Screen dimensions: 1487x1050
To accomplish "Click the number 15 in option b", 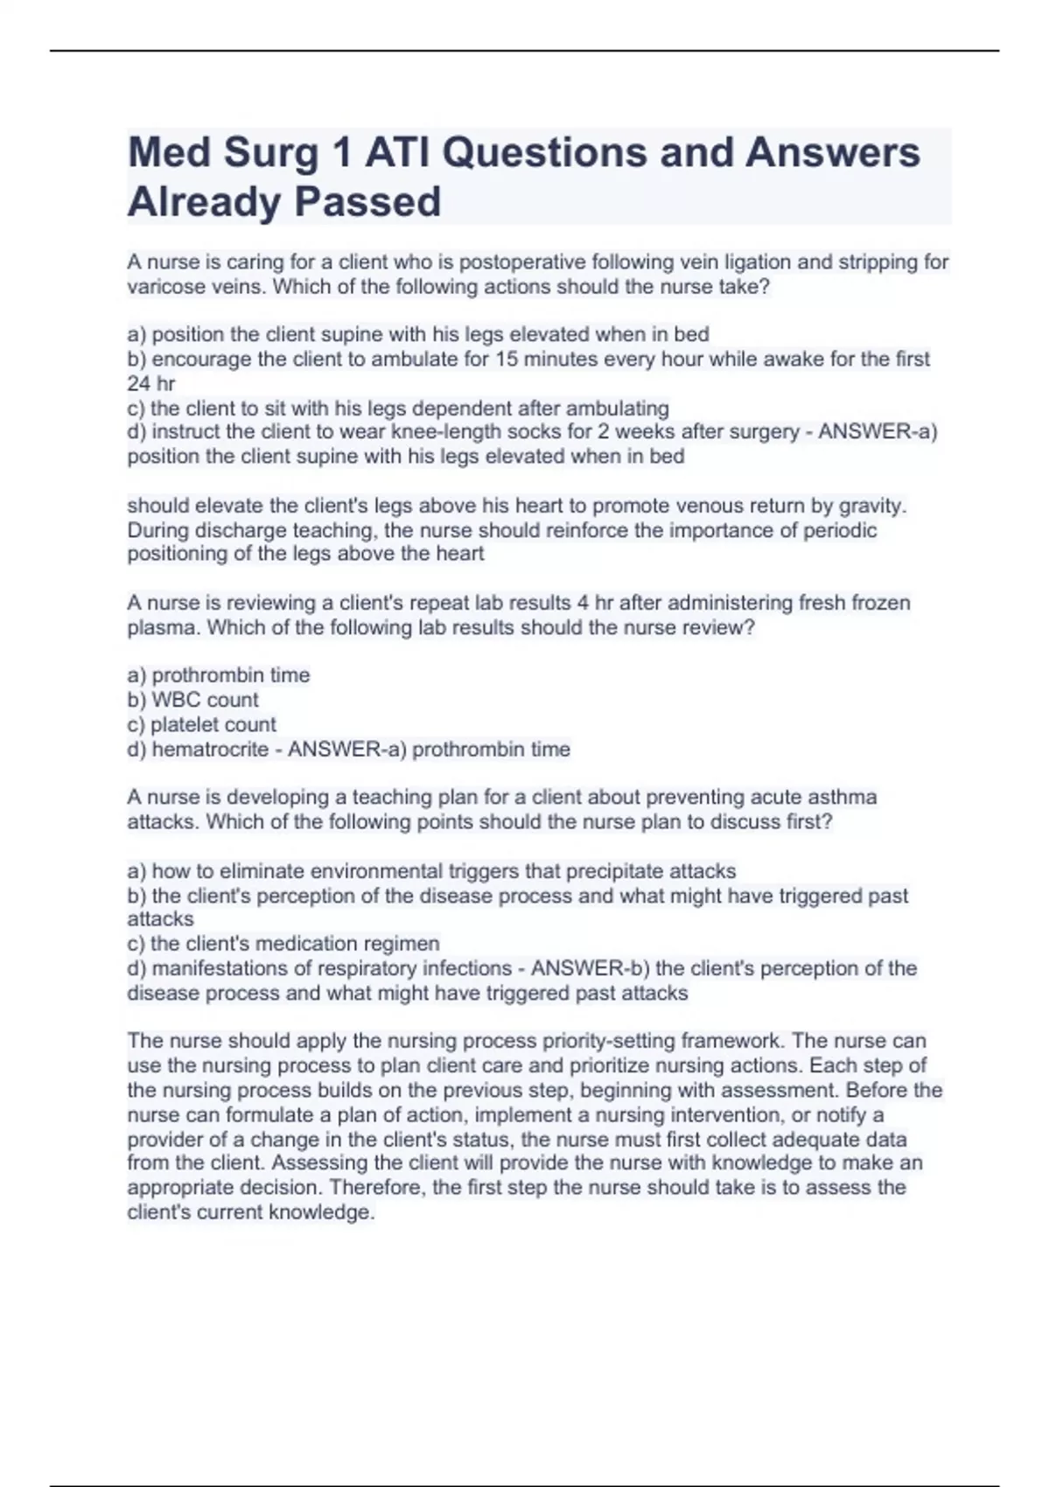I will point(507,360).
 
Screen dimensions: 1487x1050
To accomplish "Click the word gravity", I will point(872,506).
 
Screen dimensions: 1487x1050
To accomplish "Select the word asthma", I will point(843,798).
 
